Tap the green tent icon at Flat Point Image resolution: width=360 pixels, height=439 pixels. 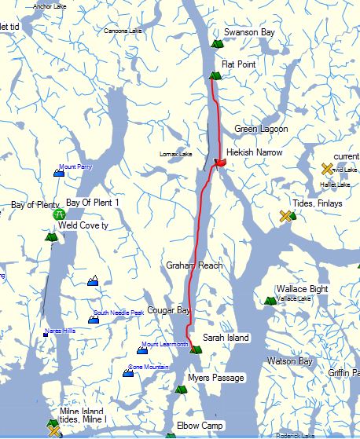(214, 75)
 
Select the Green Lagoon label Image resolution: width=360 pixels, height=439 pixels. (261, 129)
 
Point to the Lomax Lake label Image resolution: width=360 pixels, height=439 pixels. (175, 154)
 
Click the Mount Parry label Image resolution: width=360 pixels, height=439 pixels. (75, 167)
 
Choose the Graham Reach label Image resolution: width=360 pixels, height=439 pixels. (194, 266)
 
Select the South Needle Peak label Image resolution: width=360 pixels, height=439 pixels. (119, 313)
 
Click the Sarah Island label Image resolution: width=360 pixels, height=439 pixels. (226, 338)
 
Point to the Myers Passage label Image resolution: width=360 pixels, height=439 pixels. (216, 379)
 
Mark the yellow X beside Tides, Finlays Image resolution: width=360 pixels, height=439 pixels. (285, 215)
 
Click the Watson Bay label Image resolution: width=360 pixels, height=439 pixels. (290, 362)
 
